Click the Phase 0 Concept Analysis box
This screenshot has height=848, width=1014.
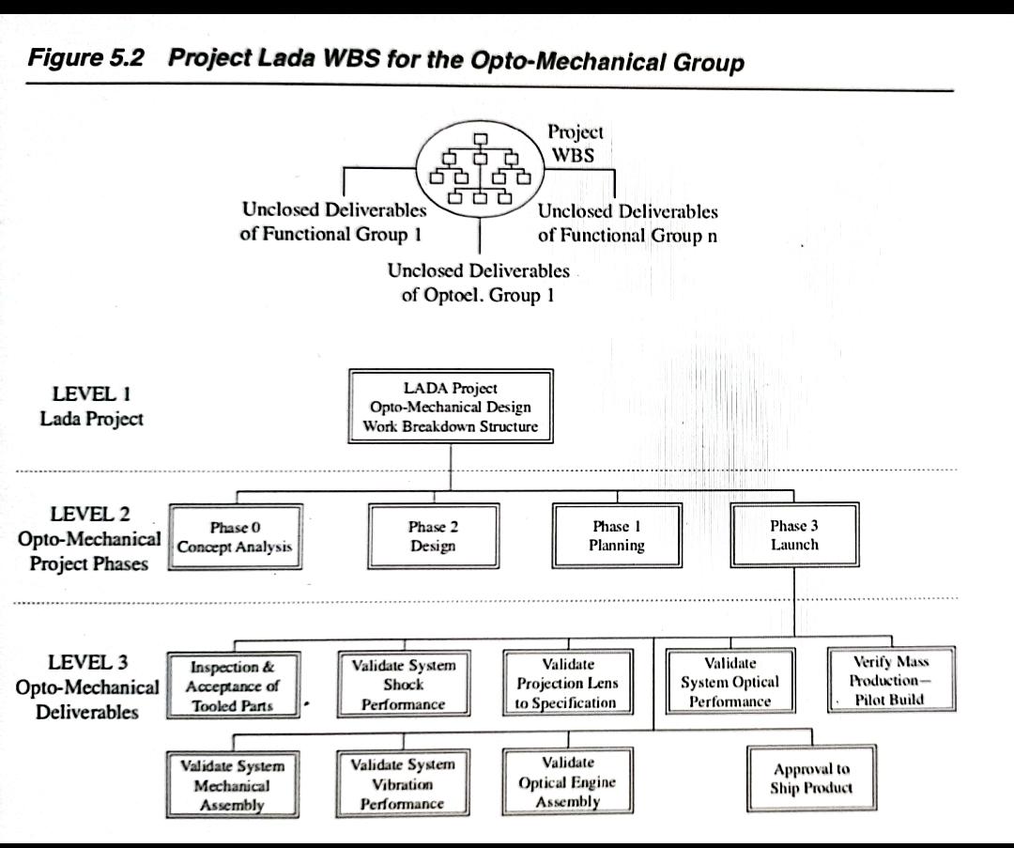tap(236, 536)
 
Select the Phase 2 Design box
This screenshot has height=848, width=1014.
tap(433, 535)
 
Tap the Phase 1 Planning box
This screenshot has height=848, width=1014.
tap(616, 535)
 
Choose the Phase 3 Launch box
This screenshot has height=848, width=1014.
tap(794, 535)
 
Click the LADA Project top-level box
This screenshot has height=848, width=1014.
tap(451, 407)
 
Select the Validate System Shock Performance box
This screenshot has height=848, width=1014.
tap(403, 684)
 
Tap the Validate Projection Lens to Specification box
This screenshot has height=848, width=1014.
tap(566, 684)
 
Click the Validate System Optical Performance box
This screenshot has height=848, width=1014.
tap(730, 683)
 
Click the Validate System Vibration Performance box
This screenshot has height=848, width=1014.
tap(402, 783)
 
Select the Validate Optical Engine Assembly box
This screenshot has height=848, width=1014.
tap(567, 781)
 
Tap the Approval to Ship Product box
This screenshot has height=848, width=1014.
tap(811, 779)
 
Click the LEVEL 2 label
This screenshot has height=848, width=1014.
tap(90, 515)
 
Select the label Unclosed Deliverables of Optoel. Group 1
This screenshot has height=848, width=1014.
tap(478, 283)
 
